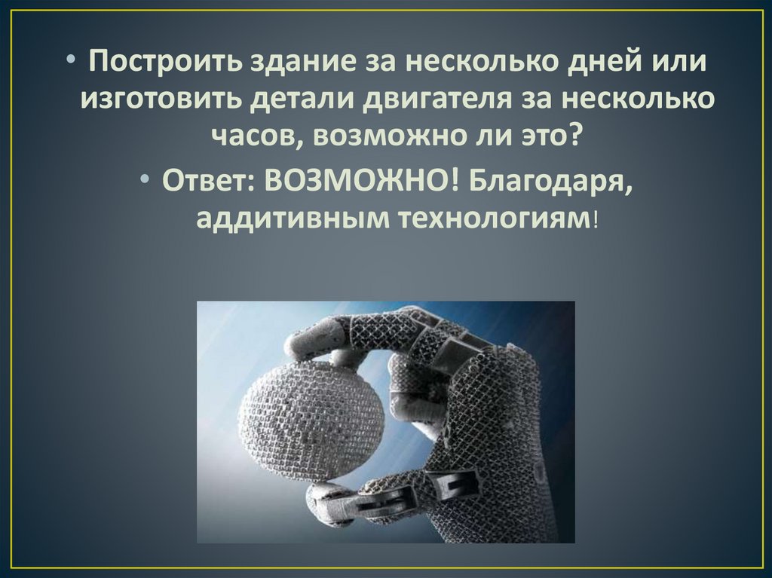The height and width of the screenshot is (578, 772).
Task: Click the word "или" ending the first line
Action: (x=679, y=62)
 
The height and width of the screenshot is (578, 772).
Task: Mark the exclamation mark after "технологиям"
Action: (x=596, y=220)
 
